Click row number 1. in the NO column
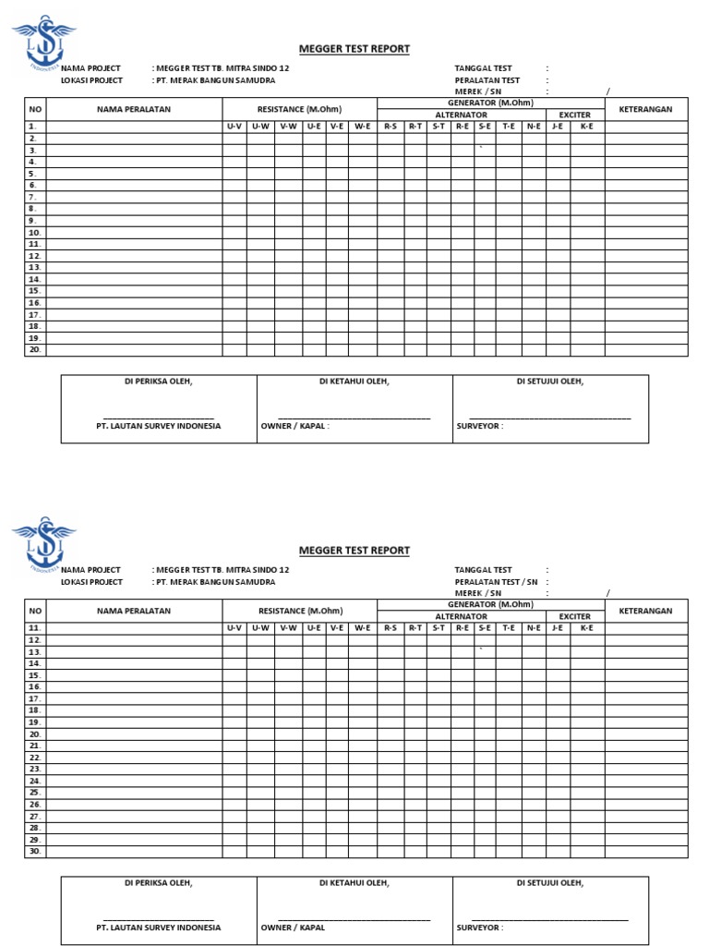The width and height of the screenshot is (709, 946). [32, 127]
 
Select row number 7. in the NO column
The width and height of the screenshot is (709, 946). [32, 197]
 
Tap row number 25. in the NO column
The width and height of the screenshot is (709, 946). [34, 793]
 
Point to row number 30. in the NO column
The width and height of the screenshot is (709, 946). [34, 851]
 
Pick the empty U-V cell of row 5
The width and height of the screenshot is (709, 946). [234, 174]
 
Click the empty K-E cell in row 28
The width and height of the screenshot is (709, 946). [586, 828]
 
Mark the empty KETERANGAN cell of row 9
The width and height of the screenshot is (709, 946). [645, 221]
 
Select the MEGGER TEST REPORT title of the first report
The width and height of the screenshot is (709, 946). [354, 49]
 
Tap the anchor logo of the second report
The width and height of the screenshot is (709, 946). [43, 545]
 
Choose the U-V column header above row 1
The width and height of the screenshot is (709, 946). [234, 126]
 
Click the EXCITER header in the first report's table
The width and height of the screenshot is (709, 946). [575, 115]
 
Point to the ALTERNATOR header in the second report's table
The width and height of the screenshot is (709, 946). [461, 616]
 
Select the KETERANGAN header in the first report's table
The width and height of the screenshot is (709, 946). [645, 109]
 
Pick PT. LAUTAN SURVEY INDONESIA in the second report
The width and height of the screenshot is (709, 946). [159, 927]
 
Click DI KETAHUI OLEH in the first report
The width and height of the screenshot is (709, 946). [354, 381]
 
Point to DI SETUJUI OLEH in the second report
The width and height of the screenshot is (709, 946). [550, 882]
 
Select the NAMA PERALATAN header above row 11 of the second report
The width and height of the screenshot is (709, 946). [134, 611]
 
